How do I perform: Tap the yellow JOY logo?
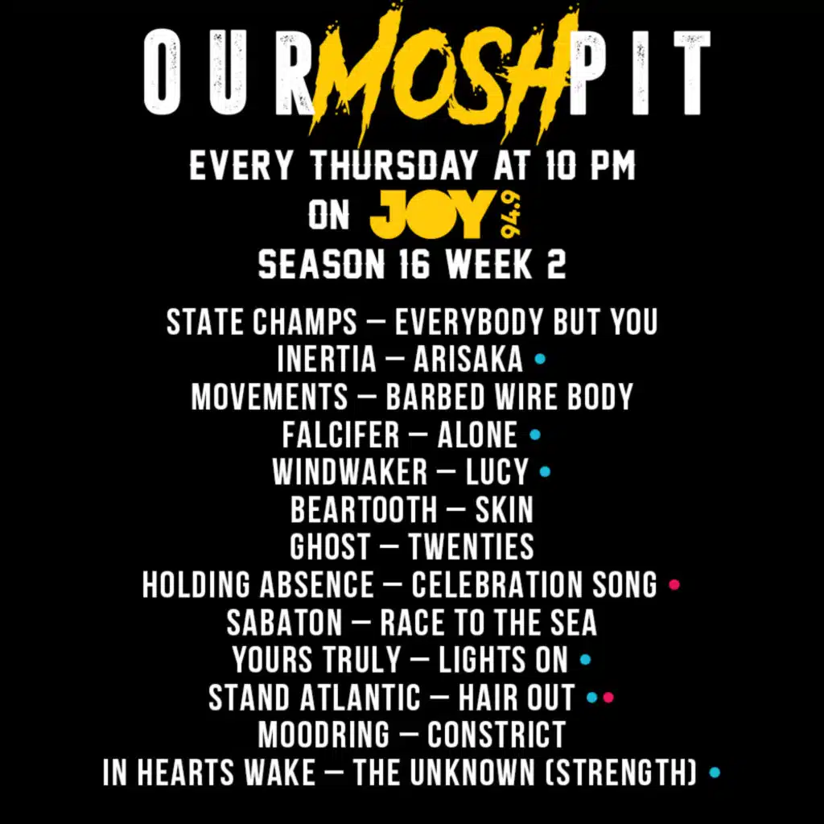click(429, 216)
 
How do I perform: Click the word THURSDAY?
click(394, 167)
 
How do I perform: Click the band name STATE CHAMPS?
click(262, 322)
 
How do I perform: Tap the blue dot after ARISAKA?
click(540, 359)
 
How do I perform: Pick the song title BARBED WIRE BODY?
click(509, 397)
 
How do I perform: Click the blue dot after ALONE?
click(535, 435)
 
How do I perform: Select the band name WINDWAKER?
click(349, 472)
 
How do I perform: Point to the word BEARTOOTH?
click(364, 509)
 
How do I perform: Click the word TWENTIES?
click(471, 547)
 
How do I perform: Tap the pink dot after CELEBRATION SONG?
click(674, 584)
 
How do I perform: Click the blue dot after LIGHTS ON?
click(586, 660)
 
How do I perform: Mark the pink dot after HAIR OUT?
click(608, 698)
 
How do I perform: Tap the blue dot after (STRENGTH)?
click(714, 772)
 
